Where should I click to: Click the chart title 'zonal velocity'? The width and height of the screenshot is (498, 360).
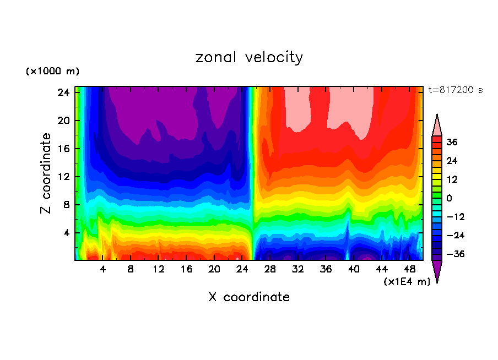click(x=249, y=57)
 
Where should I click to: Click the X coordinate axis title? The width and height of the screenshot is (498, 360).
click(x=249, y=297)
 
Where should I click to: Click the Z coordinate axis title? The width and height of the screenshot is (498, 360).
click(x=47, y=173)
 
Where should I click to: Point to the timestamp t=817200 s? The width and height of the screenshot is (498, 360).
click(x=455, y=90)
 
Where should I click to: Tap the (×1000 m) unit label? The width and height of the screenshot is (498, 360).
click(x=52, y=72)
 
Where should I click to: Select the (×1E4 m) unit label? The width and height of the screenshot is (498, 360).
click(x=407, y=282)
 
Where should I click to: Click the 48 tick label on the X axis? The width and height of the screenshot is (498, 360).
click(x=410, y=270)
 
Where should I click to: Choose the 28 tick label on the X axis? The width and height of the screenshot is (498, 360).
click(x=270, y=270)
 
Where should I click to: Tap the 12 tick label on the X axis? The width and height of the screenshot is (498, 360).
click(x=159, y=270)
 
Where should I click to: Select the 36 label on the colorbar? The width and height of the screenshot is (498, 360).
click(x=452, y=142)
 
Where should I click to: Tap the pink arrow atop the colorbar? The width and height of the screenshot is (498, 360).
click(x=437, y=125)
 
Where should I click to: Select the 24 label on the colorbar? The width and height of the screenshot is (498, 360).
click(x=452, y=161)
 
